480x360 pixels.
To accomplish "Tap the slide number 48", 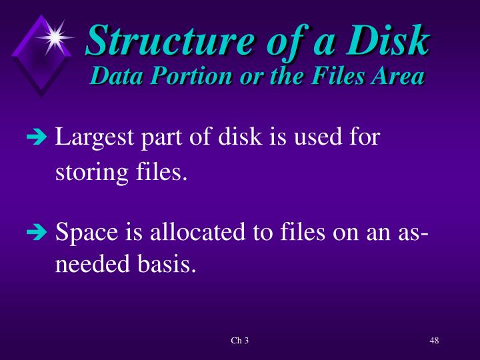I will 434,341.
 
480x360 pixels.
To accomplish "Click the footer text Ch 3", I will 239,341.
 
